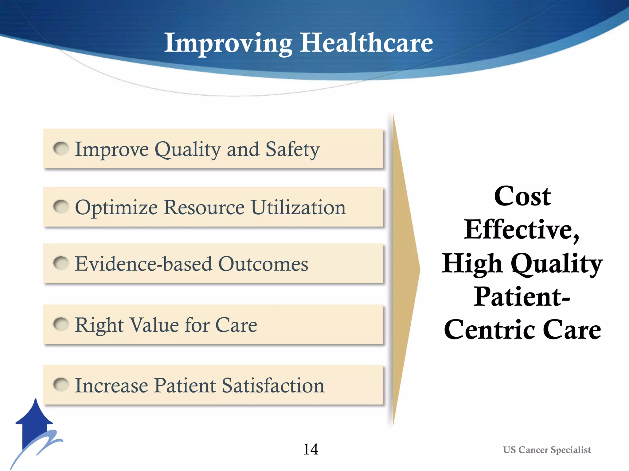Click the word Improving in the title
(228, 43)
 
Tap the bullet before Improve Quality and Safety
(61, 149)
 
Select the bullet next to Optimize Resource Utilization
(61, 207)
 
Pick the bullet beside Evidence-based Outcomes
(61, 263)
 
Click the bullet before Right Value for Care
(61, 324)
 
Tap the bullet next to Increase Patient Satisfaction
(61, 385)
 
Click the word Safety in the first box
(292, 150)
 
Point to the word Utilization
(298, 207)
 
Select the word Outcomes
(263, 264)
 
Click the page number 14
(311, 450)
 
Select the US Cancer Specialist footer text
(547, 450)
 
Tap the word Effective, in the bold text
(522, 230)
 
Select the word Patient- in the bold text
(522, 297)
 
